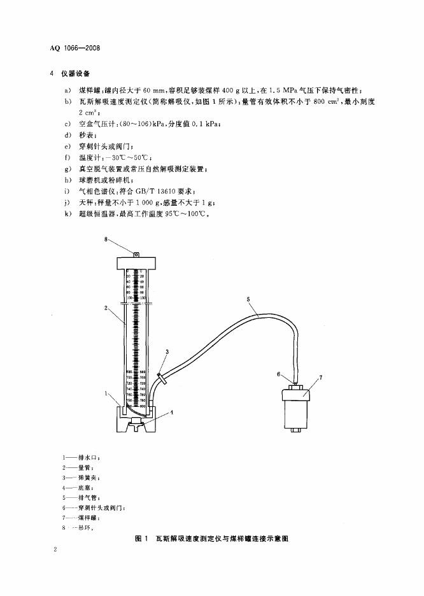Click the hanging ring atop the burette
[136, 253]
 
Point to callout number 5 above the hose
[249, 299]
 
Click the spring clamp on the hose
[163, 380]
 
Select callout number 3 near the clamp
[167, 351]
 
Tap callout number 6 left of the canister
[279, 374]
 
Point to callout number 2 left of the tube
[105, 308]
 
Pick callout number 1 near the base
[106, 394]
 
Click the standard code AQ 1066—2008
[75, 48]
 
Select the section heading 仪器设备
[76, 74]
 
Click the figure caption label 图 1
[142, 539]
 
